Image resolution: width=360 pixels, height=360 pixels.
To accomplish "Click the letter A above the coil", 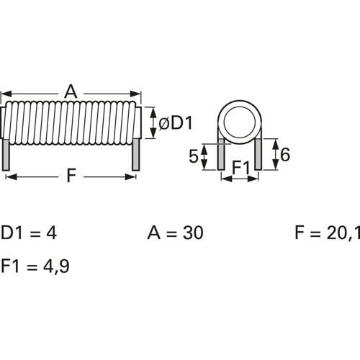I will click(71, 91).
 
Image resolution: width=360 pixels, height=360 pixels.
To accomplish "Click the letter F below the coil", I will click(71, 175).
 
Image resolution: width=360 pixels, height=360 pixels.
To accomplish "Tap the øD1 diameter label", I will click(175, 123).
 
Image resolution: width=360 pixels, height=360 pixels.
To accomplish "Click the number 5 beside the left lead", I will click(194, 156).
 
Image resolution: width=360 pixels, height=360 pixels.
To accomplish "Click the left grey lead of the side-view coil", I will click(7, 154).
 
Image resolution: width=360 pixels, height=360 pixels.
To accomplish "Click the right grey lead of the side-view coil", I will click(135, 154).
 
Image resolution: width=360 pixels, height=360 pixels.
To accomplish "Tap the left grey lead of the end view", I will click(222, 154).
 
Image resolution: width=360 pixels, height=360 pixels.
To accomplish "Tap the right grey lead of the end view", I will click(258, 154).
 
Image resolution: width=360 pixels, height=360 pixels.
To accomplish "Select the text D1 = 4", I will click(29, 233).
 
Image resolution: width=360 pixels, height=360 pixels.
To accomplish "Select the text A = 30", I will click(175, 233).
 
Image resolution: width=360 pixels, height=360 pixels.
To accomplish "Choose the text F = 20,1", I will click(326, 233).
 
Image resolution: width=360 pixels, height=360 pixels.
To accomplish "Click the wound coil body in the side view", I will click(71, 122).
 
